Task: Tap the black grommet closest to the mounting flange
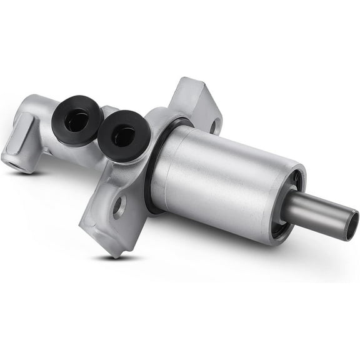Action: pos(124,134)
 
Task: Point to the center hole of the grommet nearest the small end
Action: pos(76,119)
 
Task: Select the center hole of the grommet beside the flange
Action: pos(123,134)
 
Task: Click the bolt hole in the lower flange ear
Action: pos(119,206)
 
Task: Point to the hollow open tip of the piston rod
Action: pos(352,225)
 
